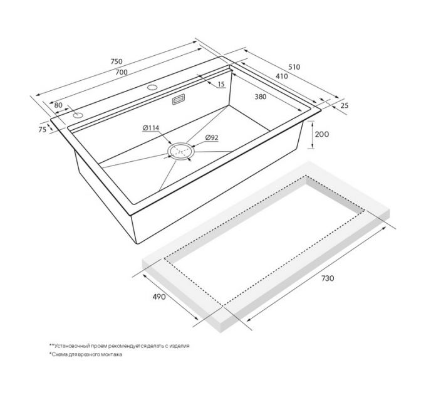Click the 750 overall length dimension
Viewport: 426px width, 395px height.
pos(117,61)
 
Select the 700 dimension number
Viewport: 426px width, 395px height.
pos(122,72)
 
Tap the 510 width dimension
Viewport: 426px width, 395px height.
pos(294,67)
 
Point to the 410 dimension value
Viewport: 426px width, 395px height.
pos(281,76)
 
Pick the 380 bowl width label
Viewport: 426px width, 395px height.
pos(261,97)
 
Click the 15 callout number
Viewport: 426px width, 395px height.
pos(221,84)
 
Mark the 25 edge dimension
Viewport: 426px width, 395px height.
pos(344,105)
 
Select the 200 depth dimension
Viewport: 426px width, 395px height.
pos(321,134)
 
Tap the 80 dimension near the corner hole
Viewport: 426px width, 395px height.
pos(58,105)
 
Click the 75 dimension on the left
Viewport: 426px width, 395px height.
pos(43,130)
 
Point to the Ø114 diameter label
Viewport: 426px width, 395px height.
pos(151,128)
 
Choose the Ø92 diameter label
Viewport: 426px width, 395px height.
pos(212,138)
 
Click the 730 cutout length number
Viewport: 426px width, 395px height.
pos(328,278)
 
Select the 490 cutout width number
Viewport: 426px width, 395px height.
pos(159,297)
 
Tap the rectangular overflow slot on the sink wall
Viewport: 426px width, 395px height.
pos(178,98)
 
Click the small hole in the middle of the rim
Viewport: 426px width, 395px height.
pos(152,87)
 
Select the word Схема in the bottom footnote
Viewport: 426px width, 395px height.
pos(58,354)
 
